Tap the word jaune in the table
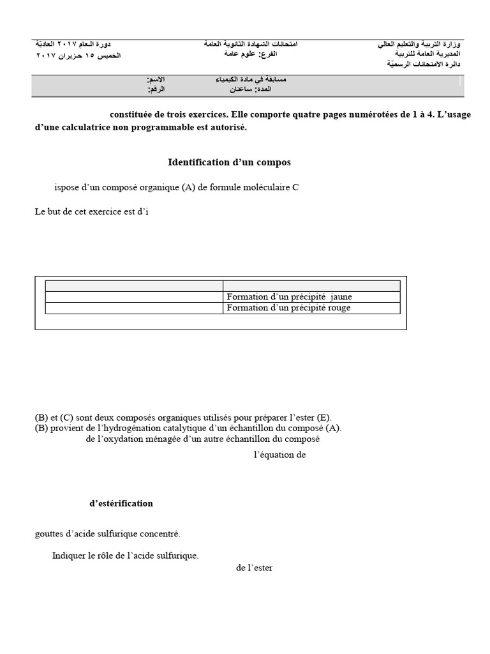click(341, 297)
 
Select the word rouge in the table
click(339, 308)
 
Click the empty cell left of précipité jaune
click(134, 297)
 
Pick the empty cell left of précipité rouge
click(134, 308)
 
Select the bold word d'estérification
click(121, 503)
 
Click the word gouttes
click(49, 534)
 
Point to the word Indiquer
click(69, 556)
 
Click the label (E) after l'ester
click(323, 417)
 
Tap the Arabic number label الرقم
click(156, 90)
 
